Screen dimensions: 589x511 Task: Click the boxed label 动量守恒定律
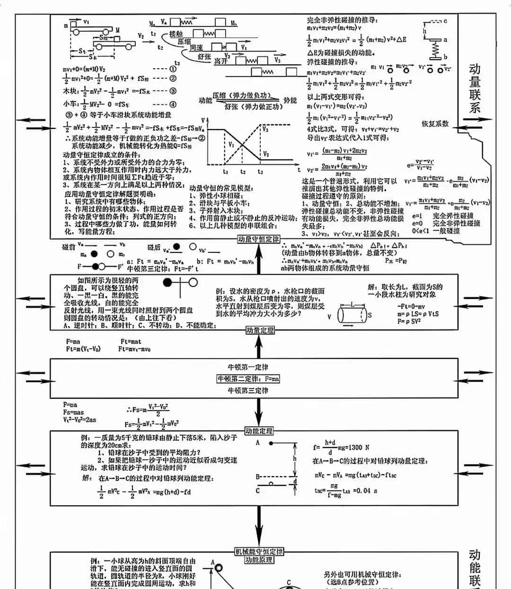258,239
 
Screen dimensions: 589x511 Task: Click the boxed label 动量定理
260,330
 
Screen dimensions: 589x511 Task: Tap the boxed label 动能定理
259,431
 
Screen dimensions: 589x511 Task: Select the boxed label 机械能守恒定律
259,552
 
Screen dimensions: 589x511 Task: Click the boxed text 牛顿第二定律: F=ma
248,379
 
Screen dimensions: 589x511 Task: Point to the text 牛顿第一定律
248,367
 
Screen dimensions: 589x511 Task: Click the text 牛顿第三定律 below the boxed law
248,391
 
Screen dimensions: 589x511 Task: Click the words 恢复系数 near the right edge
435,124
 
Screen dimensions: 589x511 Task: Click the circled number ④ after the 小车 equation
173,105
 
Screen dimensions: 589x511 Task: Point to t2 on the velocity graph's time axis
243,172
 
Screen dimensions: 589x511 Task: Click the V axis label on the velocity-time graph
203,120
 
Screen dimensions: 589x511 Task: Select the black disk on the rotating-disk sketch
167,283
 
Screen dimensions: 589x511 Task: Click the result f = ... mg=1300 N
341,447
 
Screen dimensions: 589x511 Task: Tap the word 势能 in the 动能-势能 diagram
290,100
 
